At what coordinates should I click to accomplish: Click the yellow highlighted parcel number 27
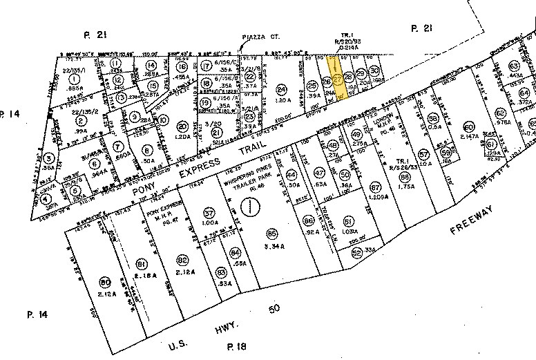point(338,79)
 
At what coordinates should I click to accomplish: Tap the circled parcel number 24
point(280,89)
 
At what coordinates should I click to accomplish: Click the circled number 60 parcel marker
point(469,126)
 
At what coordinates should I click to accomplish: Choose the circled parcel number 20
point(182,125)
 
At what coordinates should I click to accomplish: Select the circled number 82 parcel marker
point(182,260)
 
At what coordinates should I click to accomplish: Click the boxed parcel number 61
point(491,144)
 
